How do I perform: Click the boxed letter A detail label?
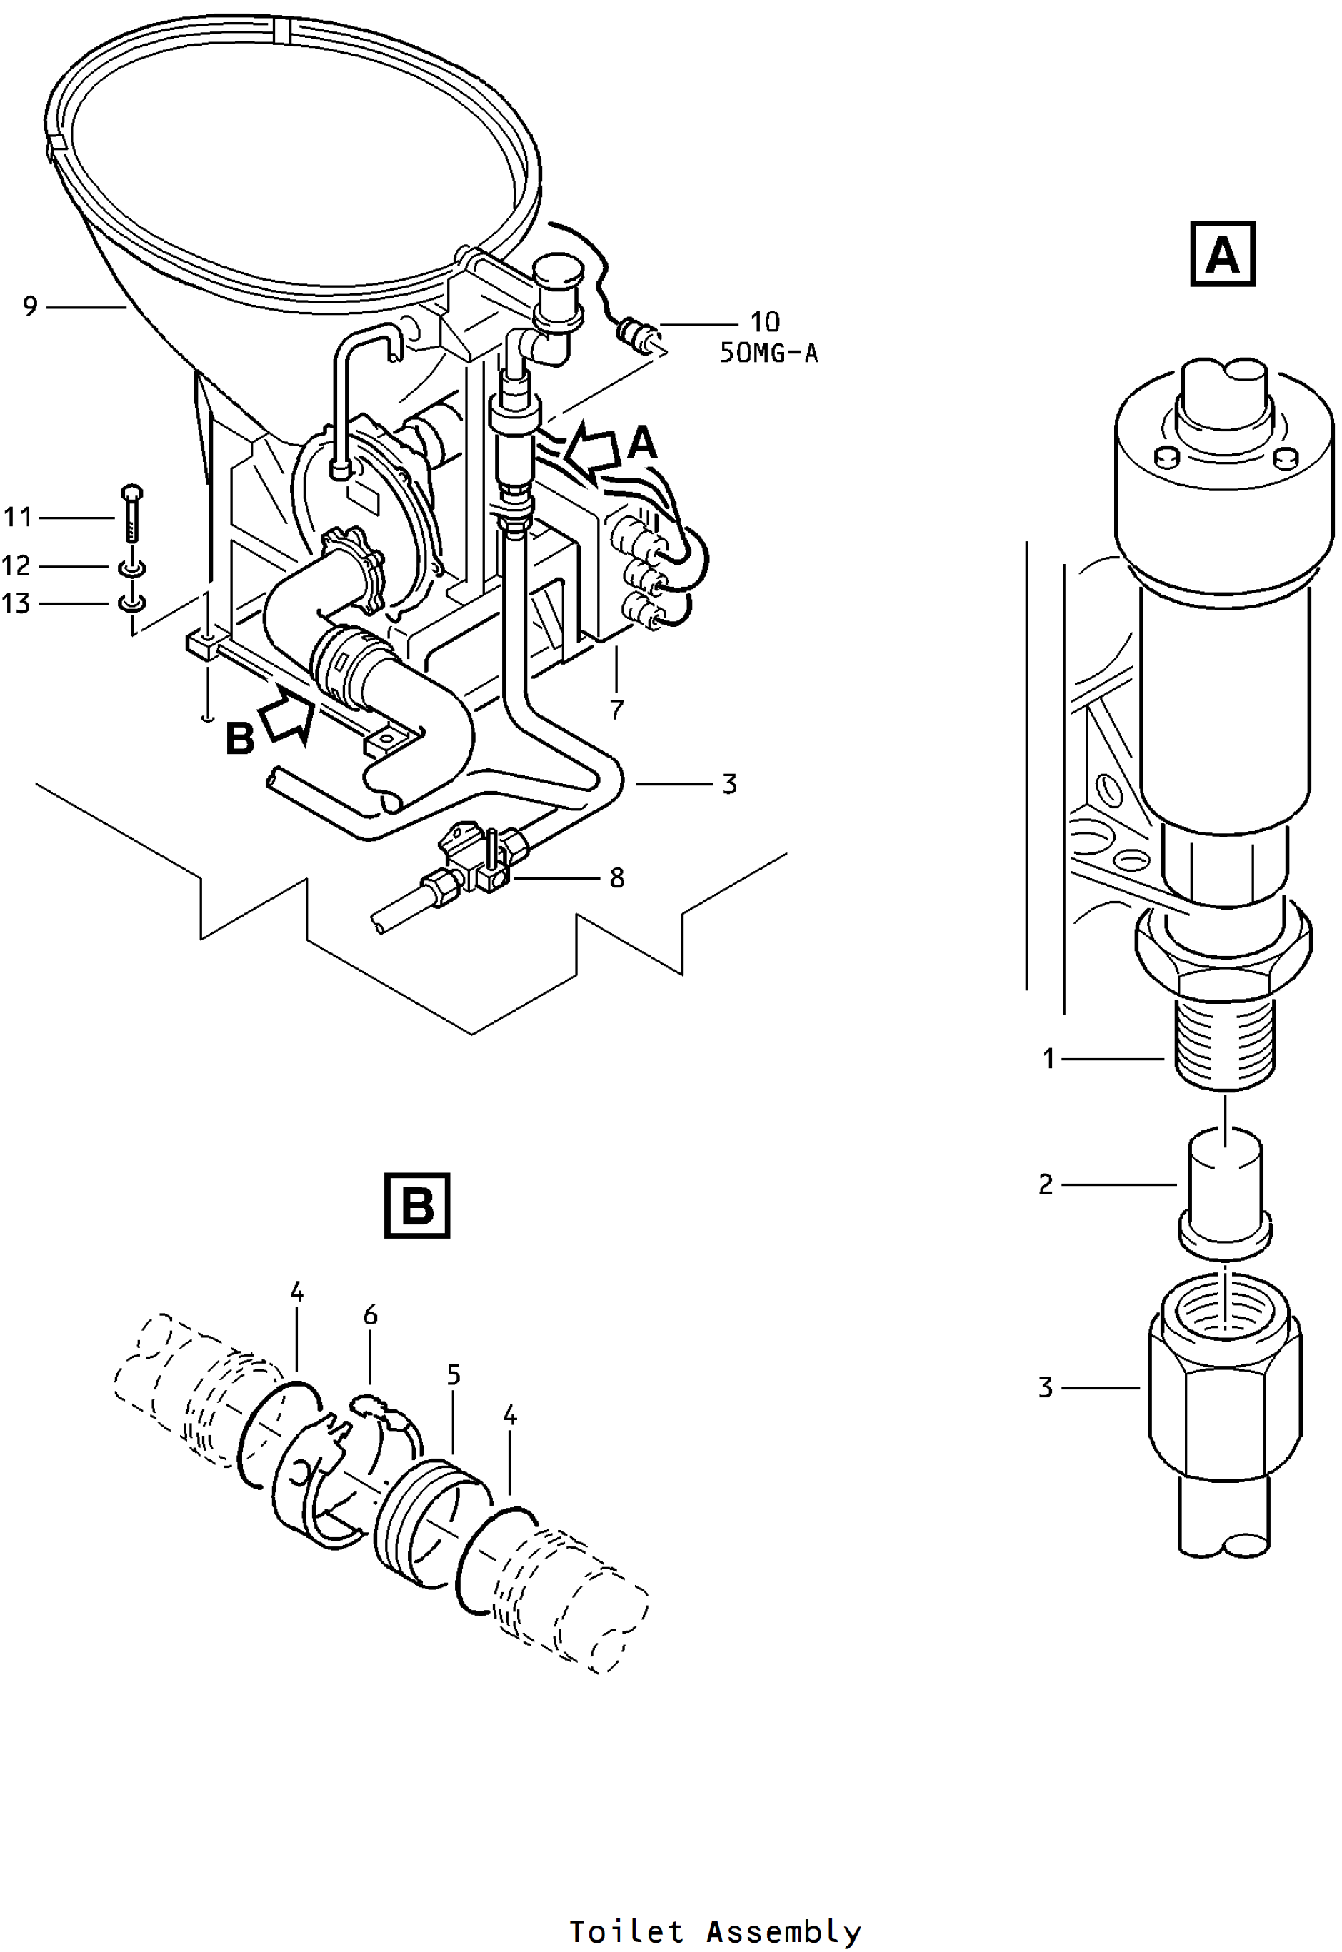pyautogui.click(x=1223, y=254)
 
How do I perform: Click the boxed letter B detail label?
pyautogui.click(x=417, y=1205)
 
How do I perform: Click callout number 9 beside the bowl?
pyautogui.click(x=30, y=306)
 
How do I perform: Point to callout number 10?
pyautogui.click(x=765, y=322)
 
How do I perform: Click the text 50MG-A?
pyautogui.click(x=768, y=353)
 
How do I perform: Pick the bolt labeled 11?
pyautogui.click(x=132, y=515)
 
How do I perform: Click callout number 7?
pyautogui.click(x=616, y=710)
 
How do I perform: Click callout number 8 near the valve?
pyautogui.click(x=616, y=878)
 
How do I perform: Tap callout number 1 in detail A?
pyautogui.click(x=1048, y=1058)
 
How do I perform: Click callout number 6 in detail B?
pyautogui.click(x=370, y=1315)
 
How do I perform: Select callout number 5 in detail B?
pyautogui.click(x=454, y=1375)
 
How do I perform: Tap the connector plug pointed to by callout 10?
pyautogui.click(x=637, y=333)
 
